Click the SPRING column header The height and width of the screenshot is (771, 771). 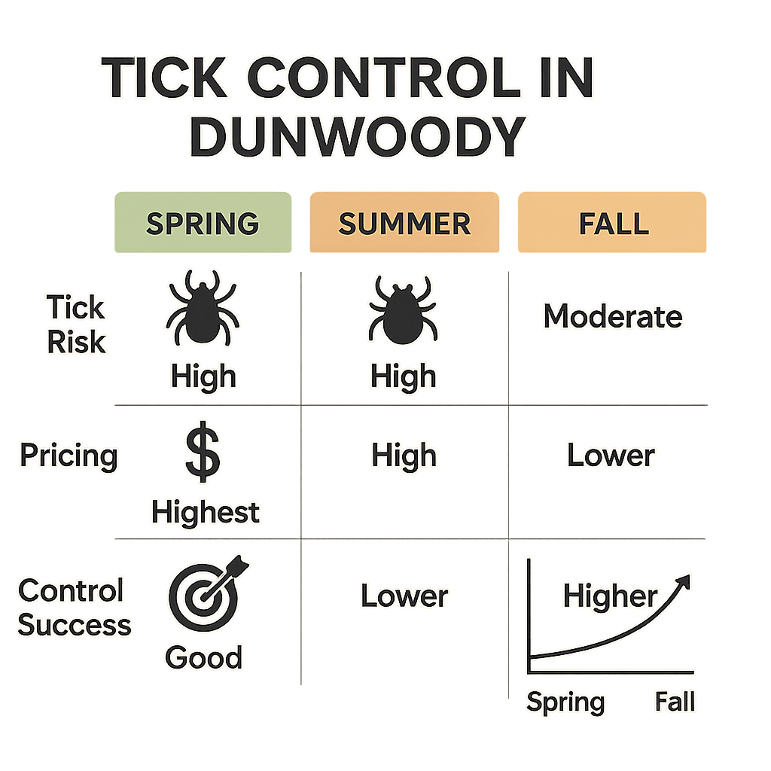202,224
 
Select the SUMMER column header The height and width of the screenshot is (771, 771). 404,224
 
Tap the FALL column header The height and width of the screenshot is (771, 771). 612,224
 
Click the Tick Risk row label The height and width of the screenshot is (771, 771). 76,325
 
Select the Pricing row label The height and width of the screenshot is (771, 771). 69,456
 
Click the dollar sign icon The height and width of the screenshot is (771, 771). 203,456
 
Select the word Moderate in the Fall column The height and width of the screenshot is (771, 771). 612,317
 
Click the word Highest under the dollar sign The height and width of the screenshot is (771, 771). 206,512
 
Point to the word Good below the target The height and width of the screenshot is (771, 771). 203,657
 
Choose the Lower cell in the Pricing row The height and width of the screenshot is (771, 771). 611,456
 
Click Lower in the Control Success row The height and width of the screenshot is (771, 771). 404,596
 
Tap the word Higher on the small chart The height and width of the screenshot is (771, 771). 610,596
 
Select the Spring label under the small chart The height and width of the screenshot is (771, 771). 565,702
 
